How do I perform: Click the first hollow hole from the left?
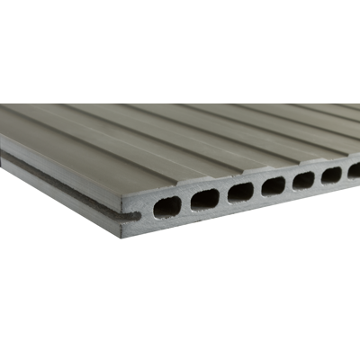point(167,207)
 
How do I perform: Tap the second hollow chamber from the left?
point(205,199)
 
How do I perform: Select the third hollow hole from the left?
point(240,192)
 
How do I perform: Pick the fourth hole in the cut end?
point(273,185)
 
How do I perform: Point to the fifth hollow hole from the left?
point(303,179)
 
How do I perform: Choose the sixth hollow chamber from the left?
point(331,174)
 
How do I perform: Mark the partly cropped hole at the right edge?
point(355,169)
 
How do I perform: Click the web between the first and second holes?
point(186,203)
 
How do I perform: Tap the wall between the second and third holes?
point(223,195)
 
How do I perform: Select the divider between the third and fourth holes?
point(257,188)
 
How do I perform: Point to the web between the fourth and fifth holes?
point(289,182)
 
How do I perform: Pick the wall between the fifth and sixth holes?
point(318,176)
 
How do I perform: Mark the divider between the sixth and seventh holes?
point(344,171)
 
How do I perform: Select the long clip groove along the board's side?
point(54,179)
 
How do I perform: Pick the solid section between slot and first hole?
point(147,212)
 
